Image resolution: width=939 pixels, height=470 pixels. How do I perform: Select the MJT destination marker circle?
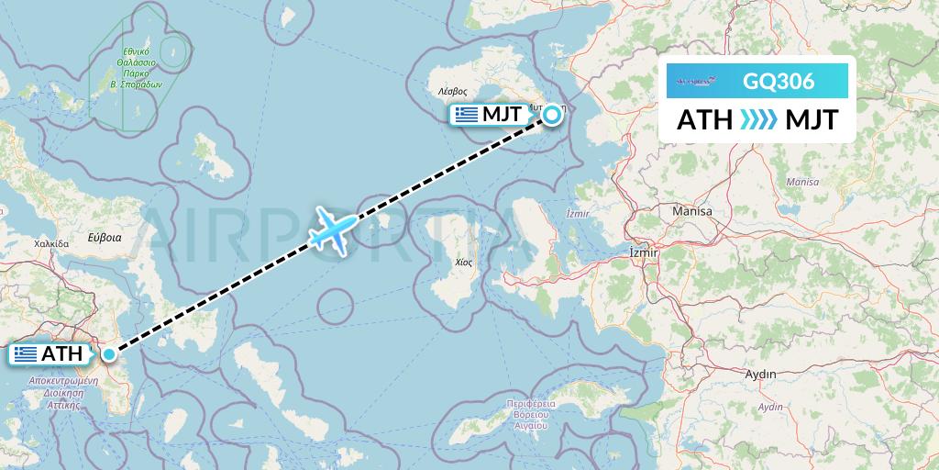tap(553, 115)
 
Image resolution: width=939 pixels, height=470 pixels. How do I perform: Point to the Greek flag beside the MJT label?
tap(468, 115)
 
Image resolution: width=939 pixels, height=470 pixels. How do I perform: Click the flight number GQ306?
tap(778, 81)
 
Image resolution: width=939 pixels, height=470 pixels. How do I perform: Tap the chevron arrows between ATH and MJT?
tap(757, 120)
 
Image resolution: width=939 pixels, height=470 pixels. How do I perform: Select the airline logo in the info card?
tap(701, 81)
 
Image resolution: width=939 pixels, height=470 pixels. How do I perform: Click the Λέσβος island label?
tap(452, 92)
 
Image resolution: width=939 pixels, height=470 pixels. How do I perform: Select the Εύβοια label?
tap(104, 236)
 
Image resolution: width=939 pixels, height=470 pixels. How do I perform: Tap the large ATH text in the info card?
tap(704, 120)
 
